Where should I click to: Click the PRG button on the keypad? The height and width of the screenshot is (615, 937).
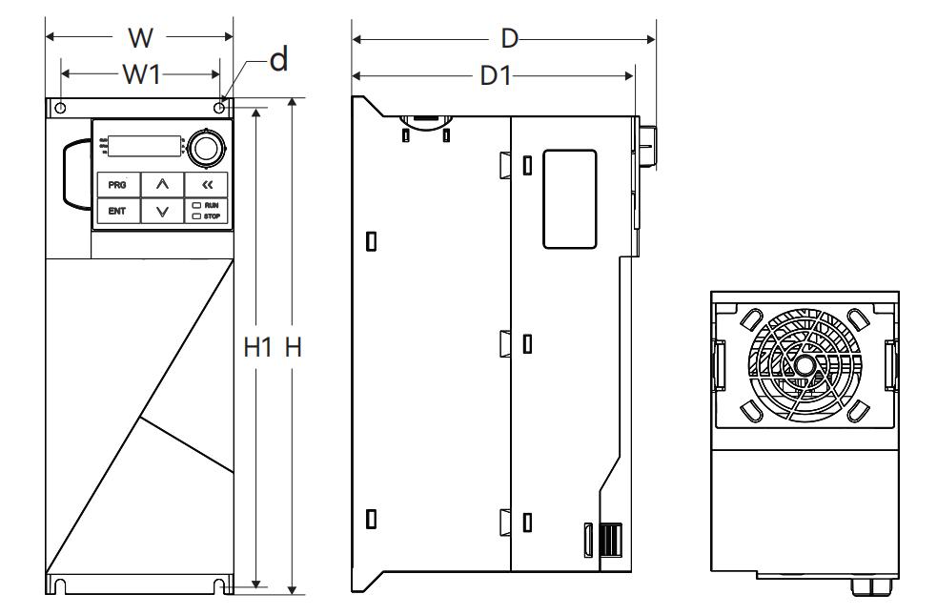click(x=116, y=184)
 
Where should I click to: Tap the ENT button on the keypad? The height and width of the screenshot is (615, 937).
click(x=116, y=211)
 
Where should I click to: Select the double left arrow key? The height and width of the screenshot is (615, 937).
click(x=207, y=184)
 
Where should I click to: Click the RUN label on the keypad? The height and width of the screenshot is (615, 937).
click(x=211, y=205)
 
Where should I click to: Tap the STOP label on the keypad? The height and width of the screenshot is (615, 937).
click(x=211, y=216)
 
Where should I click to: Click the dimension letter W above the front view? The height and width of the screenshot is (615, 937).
click(x=139, y=38)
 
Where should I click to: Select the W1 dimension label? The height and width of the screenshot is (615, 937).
click(x=141, y=76)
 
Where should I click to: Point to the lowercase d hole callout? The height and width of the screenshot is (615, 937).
click(x=277, y=61)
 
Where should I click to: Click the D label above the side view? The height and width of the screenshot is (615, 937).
click(x=510, y=38)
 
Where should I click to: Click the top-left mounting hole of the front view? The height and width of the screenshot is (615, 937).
click(x=61, y=109)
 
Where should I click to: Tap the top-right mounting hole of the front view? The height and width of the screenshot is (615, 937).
click(x=220, y=109)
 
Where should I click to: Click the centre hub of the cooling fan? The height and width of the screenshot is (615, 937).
click(x=805, y=363)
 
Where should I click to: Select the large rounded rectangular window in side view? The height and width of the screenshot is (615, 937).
click(x=570, y=198)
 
